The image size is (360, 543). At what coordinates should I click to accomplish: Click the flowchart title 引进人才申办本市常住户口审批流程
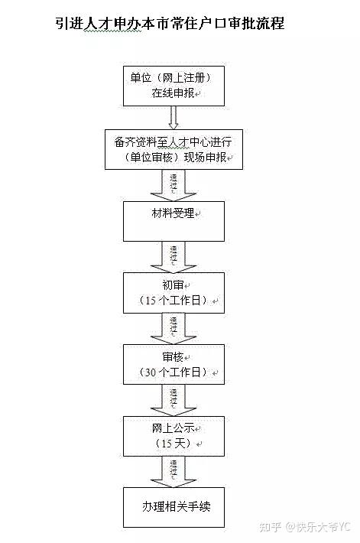pyautogui.click(x=170, y=23)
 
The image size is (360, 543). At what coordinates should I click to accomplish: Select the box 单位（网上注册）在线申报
pyautogui.click(x=174, y=86)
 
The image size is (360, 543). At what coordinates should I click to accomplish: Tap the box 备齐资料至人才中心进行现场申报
pyautogui.click(x=174, y=149)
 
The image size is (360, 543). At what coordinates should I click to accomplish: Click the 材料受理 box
pyautogui.click(x=174, y=221)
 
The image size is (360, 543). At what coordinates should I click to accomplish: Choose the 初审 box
pyautogui.click(x=174, y=293)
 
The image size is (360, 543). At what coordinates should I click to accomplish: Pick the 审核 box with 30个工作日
pyautogui.click(x=174, y=364)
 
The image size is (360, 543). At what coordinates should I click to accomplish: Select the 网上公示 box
pyautogui.click(x=174, y=436)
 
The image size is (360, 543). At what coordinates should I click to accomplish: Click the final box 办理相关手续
pyautogui.click(x=174, y=507)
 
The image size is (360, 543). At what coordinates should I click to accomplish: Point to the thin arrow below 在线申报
pyautogui.click(x=174, y=118)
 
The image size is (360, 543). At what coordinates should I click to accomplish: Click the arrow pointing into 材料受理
pyautogui.click(x=174, y=185)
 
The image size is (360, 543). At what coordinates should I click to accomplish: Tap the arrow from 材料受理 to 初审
pyautogui.click(x=174, y=257)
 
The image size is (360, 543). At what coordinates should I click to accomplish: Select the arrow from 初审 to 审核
pyautogui.click(x=174, y=329)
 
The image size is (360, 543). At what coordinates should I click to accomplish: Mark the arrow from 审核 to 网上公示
pyautogui.click(x=174, y=400)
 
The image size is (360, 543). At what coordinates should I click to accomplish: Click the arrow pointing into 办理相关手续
pyautogui.click(x=174, y=472)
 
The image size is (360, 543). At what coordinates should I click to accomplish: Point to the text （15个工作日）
pyautogui.click(x=173, y=301)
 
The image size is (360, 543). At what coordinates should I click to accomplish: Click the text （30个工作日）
pyautogui.click(x=173, y=372)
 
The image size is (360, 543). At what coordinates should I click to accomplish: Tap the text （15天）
pyautogui.click(x=173, y=444)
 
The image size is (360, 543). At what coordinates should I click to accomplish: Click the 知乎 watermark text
pyautogui.click(x=270, y=527)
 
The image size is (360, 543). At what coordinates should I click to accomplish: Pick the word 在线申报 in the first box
pyautogui.click(x=173, y=93)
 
